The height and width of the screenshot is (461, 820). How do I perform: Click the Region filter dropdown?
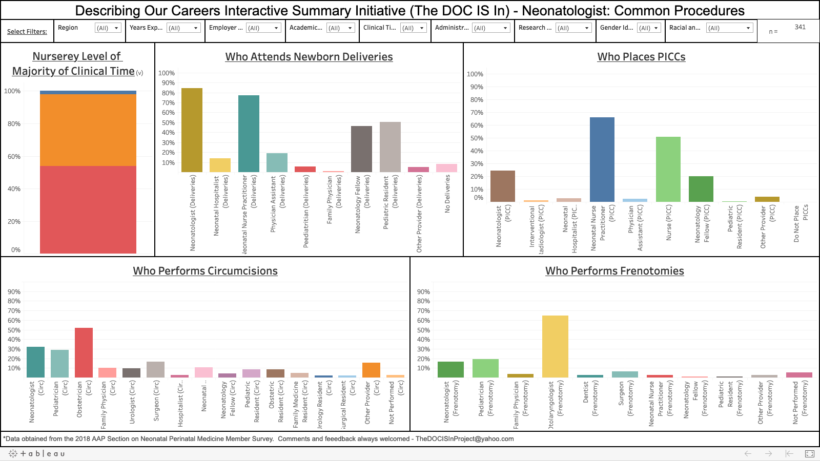tap(108, 28)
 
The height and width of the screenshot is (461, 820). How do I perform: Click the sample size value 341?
tap(800, 27)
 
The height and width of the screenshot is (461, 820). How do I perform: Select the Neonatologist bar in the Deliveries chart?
tap(192, 130)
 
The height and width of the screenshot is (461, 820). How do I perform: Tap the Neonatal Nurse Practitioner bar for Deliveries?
tap(249, 134)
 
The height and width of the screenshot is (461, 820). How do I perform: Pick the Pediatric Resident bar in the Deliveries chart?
tap(390, 147)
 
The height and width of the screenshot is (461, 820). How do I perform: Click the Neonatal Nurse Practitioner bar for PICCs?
tap(602, 159)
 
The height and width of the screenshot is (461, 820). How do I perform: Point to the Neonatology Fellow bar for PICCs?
tap(701, 189)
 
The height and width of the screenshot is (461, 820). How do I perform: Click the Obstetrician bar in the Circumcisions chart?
tap(84, 353)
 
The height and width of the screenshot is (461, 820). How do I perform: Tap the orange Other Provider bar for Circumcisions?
tap(371, 370)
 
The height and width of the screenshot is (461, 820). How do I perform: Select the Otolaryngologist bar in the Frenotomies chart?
tap(555, 347)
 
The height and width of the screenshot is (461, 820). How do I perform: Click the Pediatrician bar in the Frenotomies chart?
tap(485, 368)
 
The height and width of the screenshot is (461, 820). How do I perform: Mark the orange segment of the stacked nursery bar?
tap(88, 130)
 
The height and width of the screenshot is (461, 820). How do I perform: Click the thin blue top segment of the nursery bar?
tap(88, 92)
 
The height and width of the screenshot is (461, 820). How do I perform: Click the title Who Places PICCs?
tap(641, 57)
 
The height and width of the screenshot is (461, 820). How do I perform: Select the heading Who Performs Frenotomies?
tap(614, 271)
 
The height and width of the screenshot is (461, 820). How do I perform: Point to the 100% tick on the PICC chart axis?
tap(475, 74)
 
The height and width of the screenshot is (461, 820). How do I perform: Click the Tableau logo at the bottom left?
tap(37, 454)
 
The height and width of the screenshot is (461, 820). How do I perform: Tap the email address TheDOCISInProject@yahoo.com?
tap(464, 439)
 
